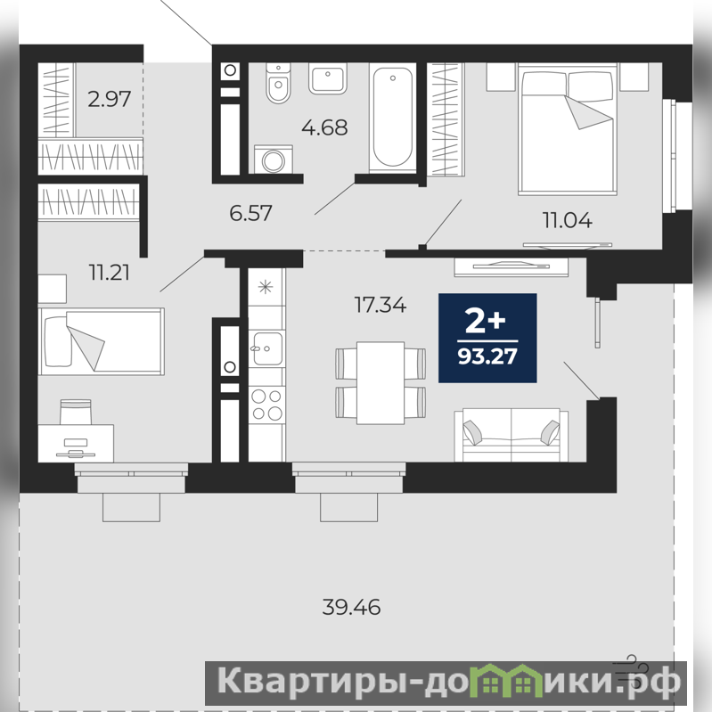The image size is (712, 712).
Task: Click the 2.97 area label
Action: click(x=109, y=99)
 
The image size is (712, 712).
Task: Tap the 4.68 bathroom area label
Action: click(x=324, y=127)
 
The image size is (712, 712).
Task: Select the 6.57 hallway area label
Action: click(x=250, y=213)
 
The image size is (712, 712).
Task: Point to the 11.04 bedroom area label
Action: click(x=567, y=220)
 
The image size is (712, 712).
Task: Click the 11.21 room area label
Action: click(x=110, y=273)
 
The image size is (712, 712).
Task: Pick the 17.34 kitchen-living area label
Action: click(x=381, y=305)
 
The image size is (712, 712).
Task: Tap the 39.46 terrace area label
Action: click(x=351, y=607)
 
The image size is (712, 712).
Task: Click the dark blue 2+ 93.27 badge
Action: click(x=487, y=338)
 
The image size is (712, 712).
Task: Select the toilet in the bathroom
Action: click(x=278, y=83)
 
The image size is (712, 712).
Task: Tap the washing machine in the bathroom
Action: click(x=274, y=160)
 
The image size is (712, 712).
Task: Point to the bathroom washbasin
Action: click(x=328, y=78)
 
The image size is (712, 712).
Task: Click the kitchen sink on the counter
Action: click(x=266, y=348)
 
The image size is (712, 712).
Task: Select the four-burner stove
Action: click(x=266, y=405)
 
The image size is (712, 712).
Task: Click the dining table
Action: click(x=381, y=383)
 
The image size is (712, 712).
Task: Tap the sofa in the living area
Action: click(x=511, y=435)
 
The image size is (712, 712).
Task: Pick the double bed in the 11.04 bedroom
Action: click(x=567, y=129)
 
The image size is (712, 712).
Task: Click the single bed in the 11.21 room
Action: click(x=102, y=341)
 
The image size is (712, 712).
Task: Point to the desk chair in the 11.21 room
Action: click(x=76, y=412)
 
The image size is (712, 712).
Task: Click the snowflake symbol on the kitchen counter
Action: click(x=266, y=287)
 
